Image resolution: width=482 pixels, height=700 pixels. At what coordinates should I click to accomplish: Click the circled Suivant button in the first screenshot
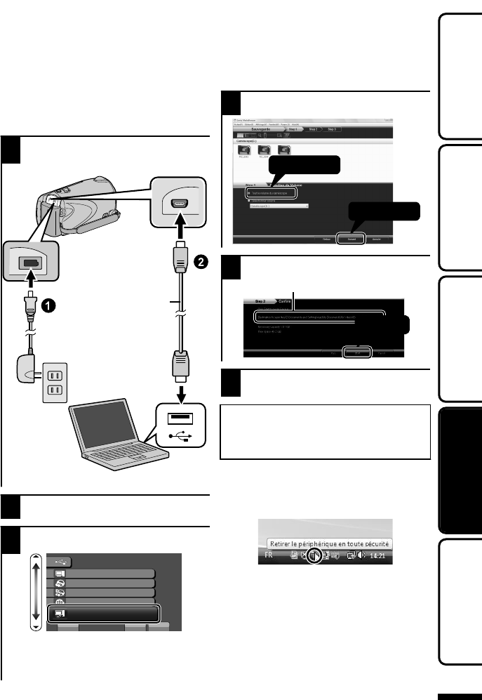click(349, 238)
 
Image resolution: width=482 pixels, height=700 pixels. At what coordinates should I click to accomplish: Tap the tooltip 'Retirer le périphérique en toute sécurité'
click(328, 543)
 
